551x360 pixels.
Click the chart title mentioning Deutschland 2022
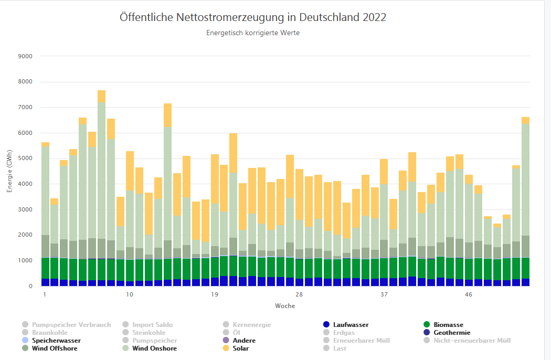click(x=253, y=17)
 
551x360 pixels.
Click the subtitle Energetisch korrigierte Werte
click(x=253, y=33)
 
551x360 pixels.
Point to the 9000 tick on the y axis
click(x=25, y=56)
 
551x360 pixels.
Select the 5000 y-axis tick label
click(x=25, y=158)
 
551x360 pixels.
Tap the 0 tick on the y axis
click(x=30, y=287)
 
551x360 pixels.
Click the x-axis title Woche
click(x=284, y=306)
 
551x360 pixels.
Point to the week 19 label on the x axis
click(x=215, y=295)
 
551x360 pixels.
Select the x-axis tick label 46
click(x=469, y=295)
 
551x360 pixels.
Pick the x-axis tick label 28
click(x=299, y=295)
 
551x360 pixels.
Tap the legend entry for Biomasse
click(x=448, y=325)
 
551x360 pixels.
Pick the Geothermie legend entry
click(x=451, y=333)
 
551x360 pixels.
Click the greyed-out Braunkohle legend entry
click(x=49, y=333)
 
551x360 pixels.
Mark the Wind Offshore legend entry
click(x=54, y=348)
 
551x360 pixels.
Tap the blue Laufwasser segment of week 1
click(x=45, y=282)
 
